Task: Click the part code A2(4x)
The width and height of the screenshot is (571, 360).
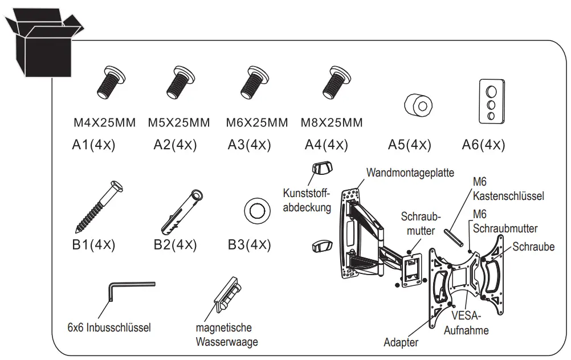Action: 175,145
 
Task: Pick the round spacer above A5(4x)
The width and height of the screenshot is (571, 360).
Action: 418,104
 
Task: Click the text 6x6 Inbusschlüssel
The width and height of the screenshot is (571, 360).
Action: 109,328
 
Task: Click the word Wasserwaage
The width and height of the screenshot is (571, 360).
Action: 226,342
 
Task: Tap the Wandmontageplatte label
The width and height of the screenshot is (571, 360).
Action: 410,172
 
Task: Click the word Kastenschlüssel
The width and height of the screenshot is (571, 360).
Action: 508,196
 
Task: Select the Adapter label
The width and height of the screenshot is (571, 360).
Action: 401,342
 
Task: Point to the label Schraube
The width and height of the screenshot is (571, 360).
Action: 533,247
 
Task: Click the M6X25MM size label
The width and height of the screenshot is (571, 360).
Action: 256,122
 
